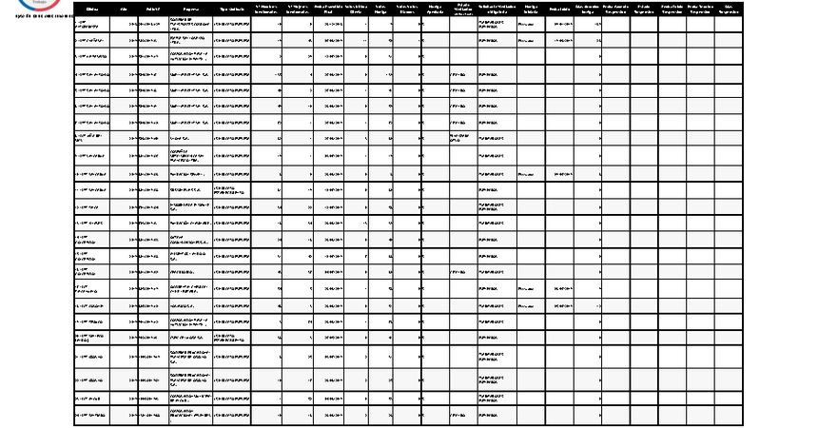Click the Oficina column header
coord(92,9)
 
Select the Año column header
coord(124,9)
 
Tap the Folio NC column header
coord(152,9)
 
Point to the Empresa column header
coord(190,9)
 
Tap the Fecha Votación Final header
coord(329,9)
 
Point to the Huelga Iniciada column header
coord(530,9)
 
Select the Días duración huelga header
coord(587,9)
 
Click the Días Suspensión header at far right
coord(727,9)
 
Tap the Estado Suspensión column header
coord(644,9)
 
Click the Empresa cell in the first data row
coord(190,23)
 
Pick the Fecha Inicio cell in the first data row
coord(559,23)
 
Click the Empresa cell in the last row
coord(190,417)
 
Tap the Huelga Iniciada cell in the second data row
coord(530,42)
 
